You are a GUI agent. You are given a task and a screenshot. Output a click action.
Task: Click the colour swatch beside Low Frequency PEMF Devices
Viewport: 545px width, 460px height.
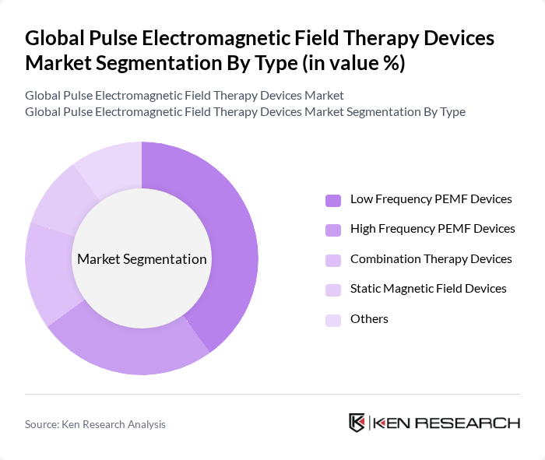point(333,200)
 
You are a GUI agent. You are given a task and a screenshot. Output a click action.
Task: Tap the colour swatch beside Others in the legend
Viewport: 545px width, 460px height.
point(333,320)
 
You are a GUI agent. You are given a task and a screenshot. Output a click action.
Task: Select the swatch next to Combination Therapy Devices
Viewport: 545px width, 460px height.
point(333,260)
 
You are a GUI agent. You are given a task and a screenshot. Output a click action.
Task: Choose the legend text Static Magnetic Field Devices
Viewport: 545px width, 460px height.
point(428,289)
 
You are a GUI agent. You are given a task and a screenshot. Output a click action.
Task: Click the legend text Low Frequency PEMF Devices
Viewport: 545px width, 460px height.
point(431,199)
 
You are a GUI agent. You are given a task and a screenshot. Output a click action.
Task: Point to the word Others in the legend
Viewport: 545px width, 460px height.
point(369,319)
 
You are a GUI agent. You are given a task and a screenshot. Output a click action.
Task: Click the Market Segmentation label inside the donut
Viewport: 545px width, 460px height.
point(142,259)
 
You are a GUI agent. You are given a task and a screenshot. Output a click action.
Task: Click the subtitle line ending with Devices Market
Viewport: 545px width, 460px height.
point(184,95)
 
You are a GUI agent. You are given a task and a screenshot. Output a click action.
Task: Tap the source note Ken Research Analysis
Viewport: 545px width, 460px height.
point(95,424)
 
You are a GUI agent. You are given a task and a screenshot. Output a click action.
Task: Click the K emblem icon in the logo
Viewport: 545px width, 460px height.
point(357,423)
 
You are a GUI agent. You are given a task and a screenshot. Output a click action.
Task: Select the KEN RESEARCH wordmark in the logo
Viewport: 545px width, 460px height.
point(447,423)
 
